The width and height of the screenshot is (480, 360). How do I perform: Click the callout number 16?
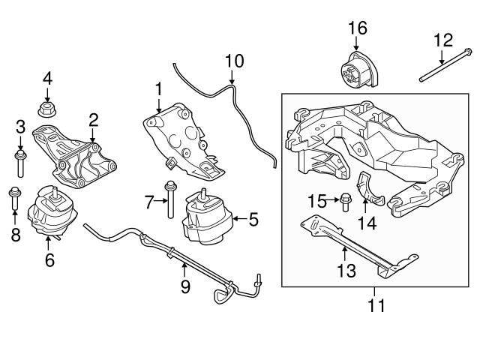pos(357,28)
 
